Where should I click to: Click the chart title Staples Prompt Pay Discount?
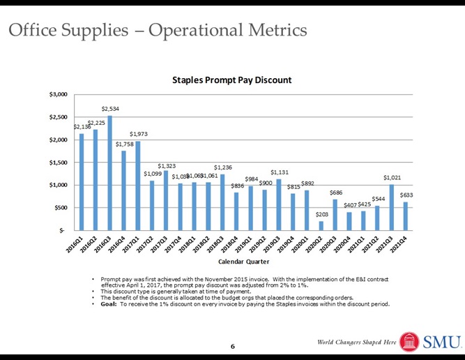pyautogui.click(x=232, y=81)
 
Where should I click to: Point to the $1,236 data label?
pyautogui.click(x=223, y=167)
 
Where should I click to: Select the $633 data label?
pyautogui.click(x=407, y=195)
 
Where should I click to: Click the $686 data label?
pyautogui.click(x=336, y=192)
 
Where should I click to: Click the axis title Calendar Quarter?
pyautogui.click(x=241, y=261)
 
